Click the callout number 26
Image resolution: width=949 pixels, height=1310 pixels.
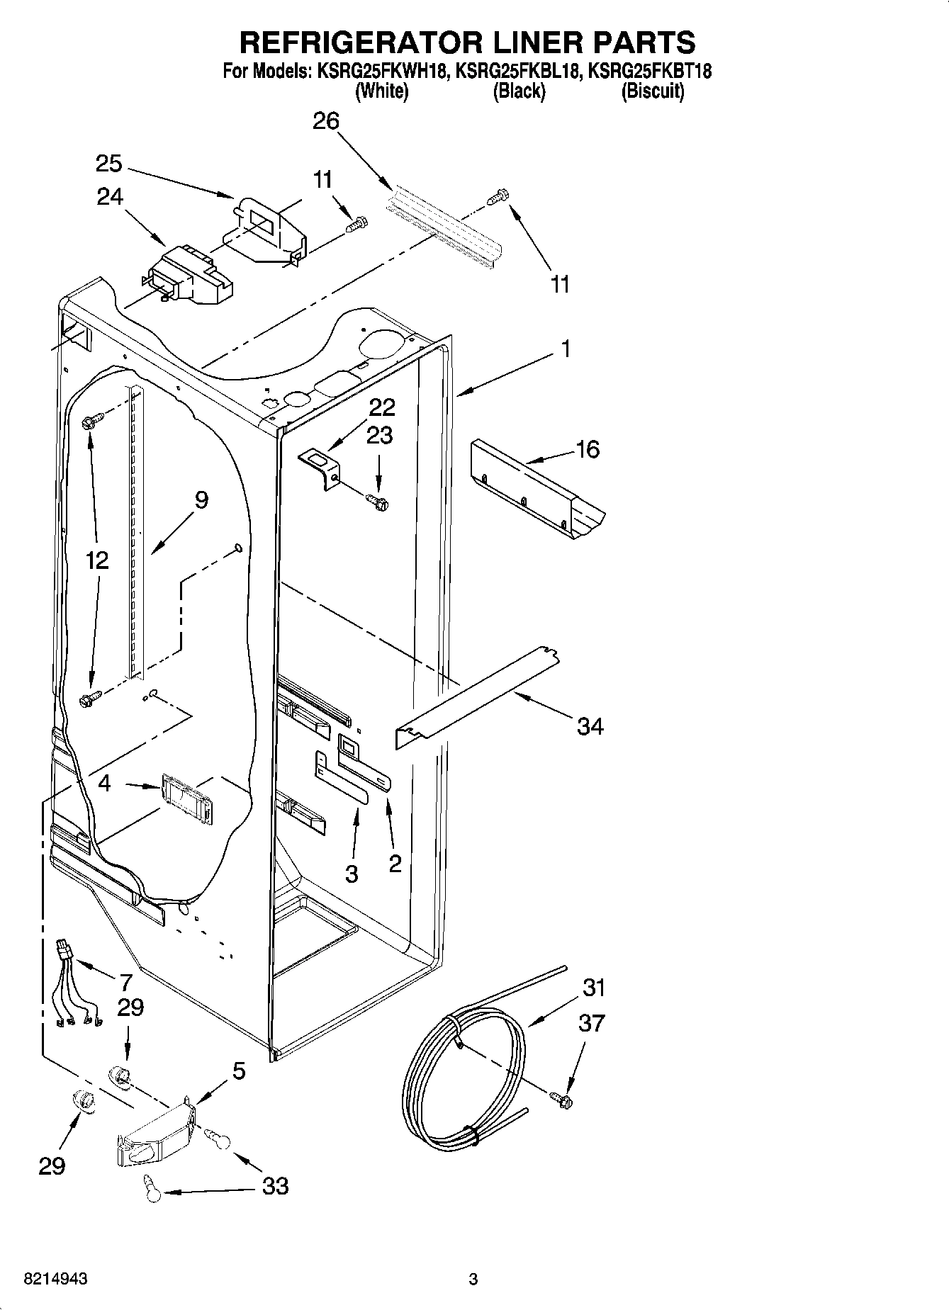[326, 121]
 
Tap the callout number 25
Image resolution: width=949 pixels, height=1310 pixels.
[109, 164]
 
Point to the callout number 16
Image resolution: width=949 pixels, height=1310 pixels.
[588, 449]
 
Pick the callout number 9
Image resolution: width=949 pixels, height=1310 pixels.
[201, 500]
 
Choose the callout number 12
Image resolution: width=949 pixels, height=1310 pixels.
[97, 560]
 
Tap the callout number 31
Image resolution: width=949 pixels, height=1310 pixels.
[594, 987]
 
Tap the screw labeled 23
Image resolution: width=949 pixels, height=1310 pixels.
[378, 502]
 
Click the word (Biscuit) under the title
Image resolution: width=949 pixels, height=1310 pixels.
[652, 91]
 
